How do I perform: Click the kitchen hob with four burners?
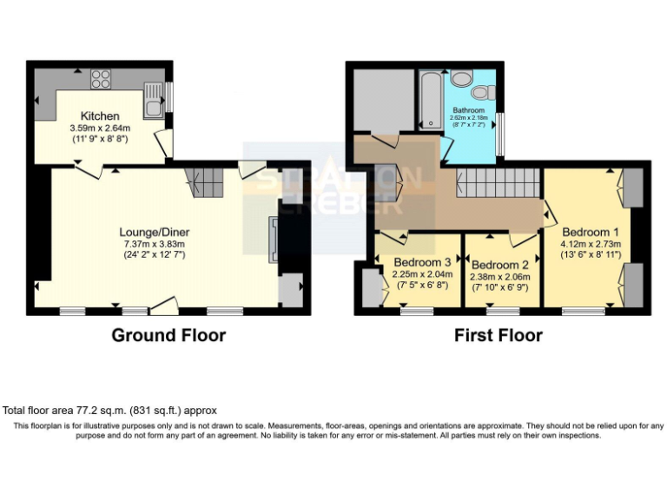click(101, 79)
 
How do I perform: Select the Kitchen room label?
click(101, 116)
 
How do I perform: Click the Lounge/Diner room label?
click(155, 232)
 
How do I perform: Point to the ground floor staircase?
click(205, 182)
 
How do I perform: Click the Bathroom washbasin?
click(479, 92)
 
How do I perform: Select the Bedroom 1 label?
click(591, 233)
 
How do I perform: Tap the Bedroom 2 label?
click(501, 265)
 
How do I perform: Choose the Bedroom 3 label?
click(422, 261)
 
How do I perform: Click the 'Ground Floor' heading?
click(168, 335)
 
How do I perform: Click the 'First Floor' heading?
click(499, 335)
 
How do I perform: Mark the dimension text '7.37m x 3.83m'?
click(155, 244)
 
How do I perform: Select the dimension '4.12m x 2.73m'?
click(591, 245)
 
